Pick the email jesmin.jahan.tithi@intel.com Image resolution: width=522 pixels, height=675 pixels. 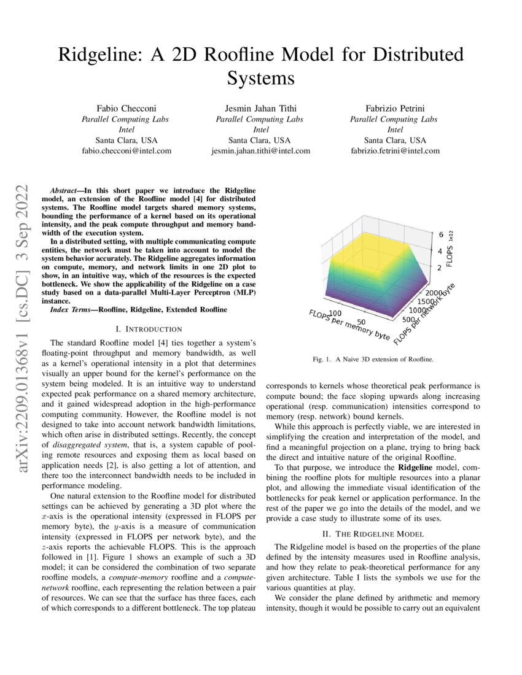point(260,150)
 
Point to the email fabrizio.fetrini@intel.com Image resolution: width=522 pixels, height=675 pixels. point(395,150)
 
